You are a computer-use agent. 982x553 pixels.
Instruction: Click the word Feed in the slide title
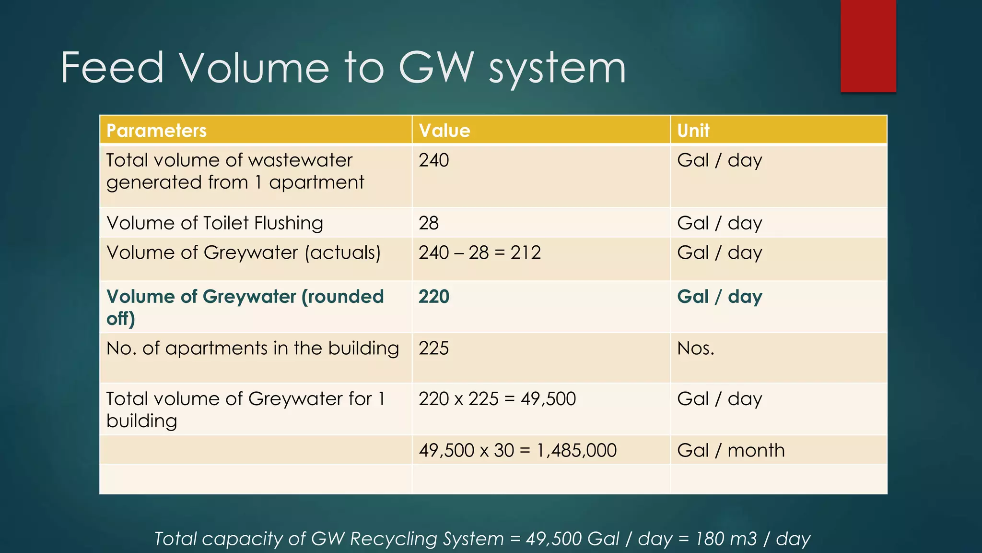[112, 68]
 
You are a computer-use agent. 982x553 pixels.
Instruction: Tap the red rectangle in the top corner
[868, 46]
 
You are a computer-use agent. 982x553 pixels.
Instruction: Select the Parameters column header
[156, 131]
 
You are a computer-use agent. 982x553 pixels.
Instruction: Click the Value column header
[444, 131]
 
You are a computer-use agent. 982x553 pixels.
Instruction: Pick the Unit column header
[693, 131]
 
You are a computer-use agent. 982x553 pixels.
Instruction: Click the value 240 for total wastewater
[433, 160]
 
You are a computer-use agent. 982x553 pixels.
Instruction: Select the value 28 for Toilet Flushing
[429, 223]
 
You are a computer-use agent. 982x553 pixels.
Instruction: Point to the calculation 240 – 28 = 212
[479, 252]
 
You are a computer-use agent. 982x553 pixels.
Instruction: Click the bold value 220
[433, 297]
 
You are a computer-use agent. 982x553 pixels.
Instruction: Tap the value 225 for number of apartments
[433, 349]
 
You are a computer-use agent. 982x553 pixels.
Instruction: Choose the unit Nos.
[695, 349]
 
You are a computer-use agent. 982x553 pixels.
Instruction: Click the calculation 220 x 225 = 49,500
[497, 399]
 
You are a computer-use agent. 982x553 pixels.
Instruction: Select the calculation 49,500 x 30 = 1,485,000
[517, 450]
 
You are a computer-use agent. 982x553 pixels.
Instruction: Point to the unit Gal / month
[731, 450]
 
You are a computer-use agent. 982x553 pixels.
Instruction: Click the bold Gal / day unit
[719, 297]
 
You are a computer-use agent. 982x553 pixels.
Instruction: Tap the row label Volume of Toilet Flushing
[215, 223]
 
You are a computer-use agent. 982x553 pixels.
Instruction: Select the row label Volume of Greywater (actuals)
[244, 252]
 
